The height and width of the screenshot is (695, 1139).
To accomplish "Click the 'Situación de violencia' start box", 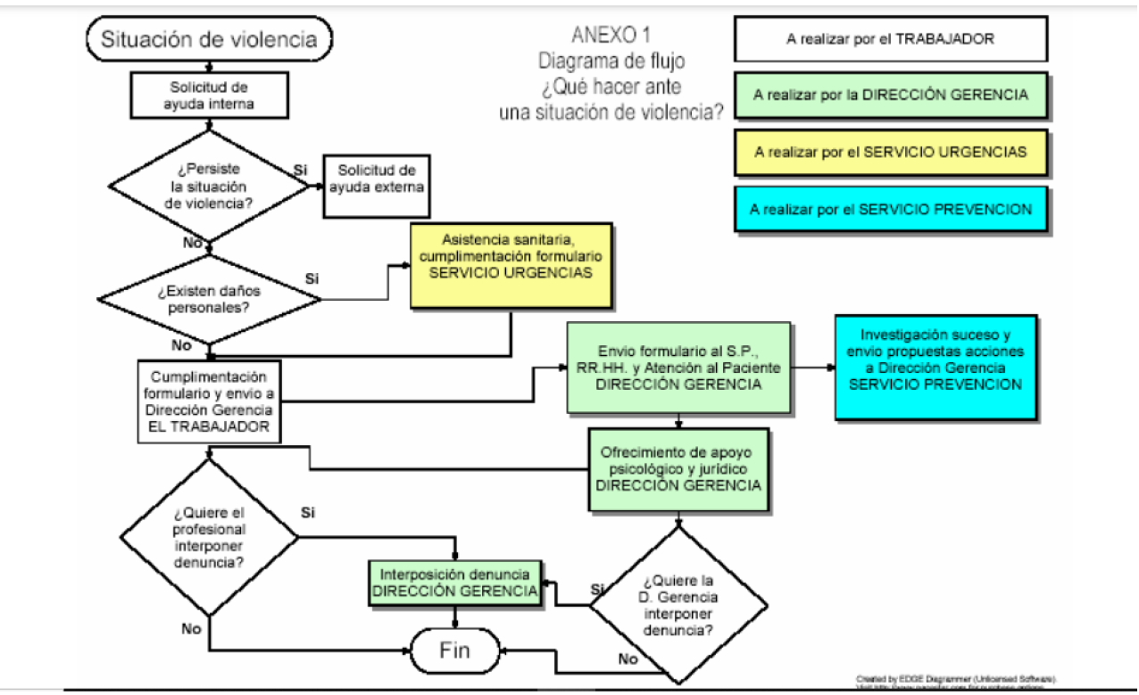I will tap(209, 39).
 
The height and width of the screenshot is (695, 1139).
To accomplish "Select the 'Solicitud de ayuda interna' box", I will tap(209, 95).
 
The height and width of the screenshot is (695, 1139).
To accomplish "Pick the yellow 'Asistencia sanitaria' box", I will tap(511, 265).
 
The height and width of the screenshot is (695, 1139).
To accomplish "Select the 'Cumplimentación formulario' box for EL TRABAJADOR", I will tap(210, 401).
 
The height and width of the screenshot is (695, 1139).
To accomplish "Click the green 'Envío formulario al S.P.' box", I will tap(678, 368).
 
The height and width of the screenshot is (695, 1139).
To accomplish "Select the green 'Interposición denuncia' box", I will tap(455, 582).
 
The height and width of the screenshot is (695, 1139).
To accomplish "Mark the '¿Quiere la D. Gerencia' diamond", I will tap(678, 605).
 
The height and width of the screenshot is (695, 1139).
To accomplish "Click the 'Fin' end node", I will tap(454, 649).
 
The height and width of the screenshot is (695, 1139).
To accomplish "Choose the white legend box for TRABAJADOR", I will tap(890, 39).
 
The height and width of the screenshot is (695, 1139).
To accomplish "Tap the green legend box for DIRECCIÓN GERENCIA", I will tap(890, 95).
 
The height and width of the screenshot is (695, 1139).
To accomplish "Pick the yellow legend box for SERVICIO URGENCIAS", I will tap(890, 152).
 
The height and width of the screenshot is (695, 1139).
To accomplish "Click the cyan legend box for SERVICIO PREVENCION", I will tap(890, 210).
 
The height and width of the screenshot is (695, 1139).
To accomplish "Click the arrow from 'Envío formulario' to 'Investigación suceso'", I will tap(812, 367).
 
